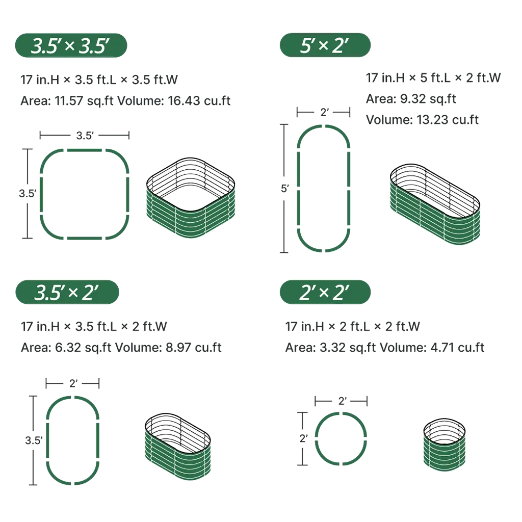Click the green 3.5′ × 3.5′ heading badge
[71, 45]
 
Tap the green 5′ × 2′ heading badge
[325, 45]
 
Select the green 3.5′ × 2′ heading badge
[67, 292]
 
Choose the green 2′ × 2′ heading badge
[325, 292]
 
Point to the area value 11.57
[69, 100]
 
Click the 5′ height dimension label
[284, 189]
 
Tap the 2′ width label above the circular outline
[343, 401]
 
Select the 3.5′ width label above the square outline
[85, 136]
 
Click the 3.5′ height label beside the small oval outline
[34, 440]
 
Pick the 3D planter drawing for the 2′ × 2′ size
[445, 445]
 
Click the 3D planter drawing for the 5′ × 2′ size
[435, 204]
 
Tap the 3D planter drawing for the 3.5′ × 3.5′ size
[191, 198]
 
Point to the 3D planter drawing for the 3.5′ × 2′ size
[178, 447]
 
